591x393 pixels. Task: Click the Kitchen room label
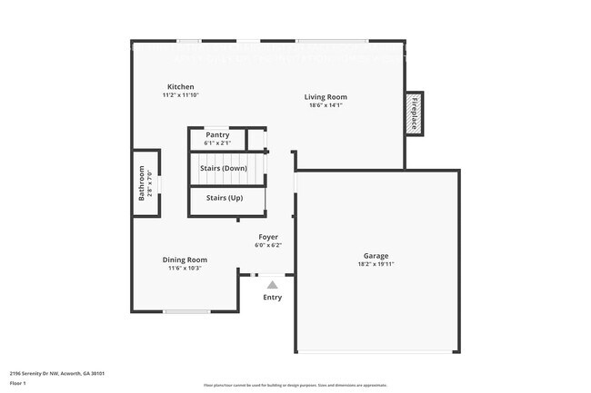click(x=180, y=86)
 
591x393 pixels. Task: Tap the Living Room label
click(x=326, y=97)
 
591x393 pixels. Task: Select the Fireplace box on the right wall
click(x=415, y=113)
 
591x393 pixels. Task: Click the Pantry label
click(x=217, y=135)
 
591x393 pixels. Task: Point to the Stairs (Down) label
click(x=224, y=168)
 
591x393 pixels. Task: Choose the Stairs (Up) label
click(x=224, y=198)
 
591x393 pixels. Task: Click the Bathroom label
click(x=142, y=182)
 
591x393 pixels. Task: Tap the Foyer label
click(x=268, y=237)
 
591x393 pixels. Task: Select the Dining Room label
click(x=185, y=260)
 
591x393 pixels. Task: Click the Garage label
click(x=376, y=256)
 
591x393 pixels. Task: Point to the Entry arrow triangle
click(x=272, y=285)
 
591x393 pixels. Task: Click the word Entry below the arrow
click(x=272, y=298)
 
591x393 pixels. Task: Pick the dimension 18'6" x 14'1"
click(x=326, y=105)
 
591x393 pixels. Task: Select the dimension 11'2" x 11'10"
click(x=180, y=94)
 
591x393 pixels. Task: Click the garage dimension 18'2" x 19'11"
click(x=376, y=264)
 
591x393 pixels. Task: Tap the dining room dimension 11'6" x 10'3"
click(x=185, y=268)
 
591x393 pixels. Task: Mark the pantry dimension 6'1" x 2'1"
click(x=217, y=142)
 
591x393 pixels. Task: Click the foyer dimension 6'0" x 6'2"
click(x=268, y=245)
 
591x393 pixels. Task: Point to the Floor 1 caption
click(x=18, y=384)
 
